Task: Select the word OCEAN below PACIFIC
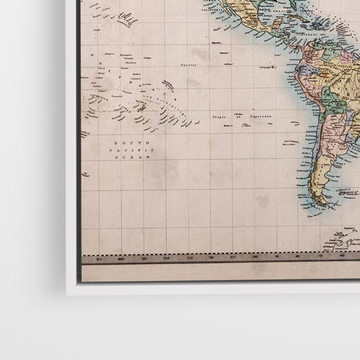point(132,158)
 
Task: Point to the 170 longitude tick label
point(99,259)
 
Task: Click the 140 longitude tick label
point(167,258)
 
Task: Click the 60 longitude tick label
point(342,255)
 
